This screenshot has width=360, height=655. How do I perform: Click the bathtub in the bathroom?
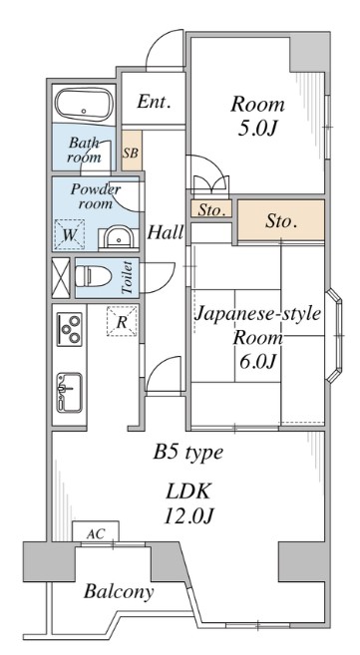pos(83,104)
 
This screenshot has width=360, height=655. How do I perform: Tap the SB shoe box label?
pos(131,154)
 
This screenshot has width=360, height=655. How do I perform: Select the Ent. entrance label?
pos(154,102)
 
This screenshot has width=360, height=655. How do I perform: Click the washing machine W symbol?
pos(70,235)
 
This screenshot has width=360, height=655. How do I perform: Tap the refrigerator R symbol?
pos(121,322)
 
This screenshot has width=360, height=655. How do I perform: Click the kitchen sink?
pos(69,390)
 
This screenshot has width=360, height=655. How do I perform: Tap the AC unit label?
pos(96,532)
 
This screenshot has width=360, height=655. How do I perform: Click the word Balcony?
pos(119,592)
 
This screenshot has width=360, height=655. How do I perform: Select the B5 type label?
pos(186,454)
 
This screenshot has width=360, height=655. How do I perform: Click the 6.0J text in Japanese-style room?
pos(257,361)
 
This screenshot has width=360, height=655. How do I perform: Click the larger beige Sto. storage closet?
pos(281,220)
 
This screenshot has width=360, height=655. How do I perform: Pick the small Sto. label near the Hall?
pos(209,210)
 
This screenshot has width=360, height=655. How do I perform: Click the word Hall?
pos(166,233)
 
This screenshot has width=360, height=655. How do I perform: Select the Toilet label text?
pos(128,277)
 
